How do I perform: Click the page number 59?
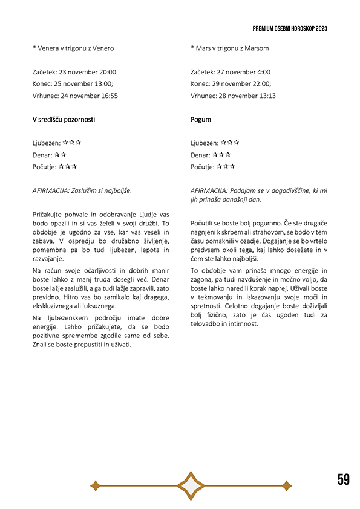coord(343,479)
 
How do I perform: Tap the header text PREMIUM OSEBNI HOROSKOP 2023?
coord(290,28)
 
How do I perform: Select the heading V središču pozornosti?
coord(64,119)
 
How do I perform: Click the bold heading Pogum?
coord(200,119)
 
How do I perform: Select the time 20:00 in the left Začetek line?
coord(107,72)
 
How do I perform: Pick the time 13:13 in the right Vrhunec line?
coord(267,96)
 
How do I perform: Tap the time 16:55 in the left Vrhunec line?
coord(109,96)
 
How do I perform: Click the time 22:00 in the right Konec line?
coord(261,83)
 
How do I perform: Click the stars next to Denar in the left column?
coord(60,155)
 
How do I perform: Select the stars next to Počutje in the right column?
coord(226,166)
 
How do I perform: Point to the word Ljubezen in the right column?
coord(205,143)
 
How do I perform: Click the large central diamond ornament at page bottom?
coord(191,485)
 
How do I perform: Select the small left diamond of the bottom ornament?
coord(95,485)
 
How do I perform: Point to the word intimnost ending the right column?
coord(241,323)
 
